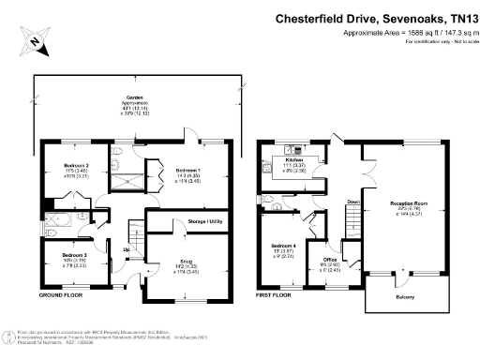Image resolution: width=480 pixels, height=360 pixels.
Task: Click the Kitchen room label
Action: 295,160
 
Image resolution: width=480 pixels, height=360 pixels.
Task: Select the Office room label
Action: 330,260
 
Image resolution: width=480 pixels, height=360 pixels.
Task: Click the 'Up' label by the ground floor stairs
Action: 126,249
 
